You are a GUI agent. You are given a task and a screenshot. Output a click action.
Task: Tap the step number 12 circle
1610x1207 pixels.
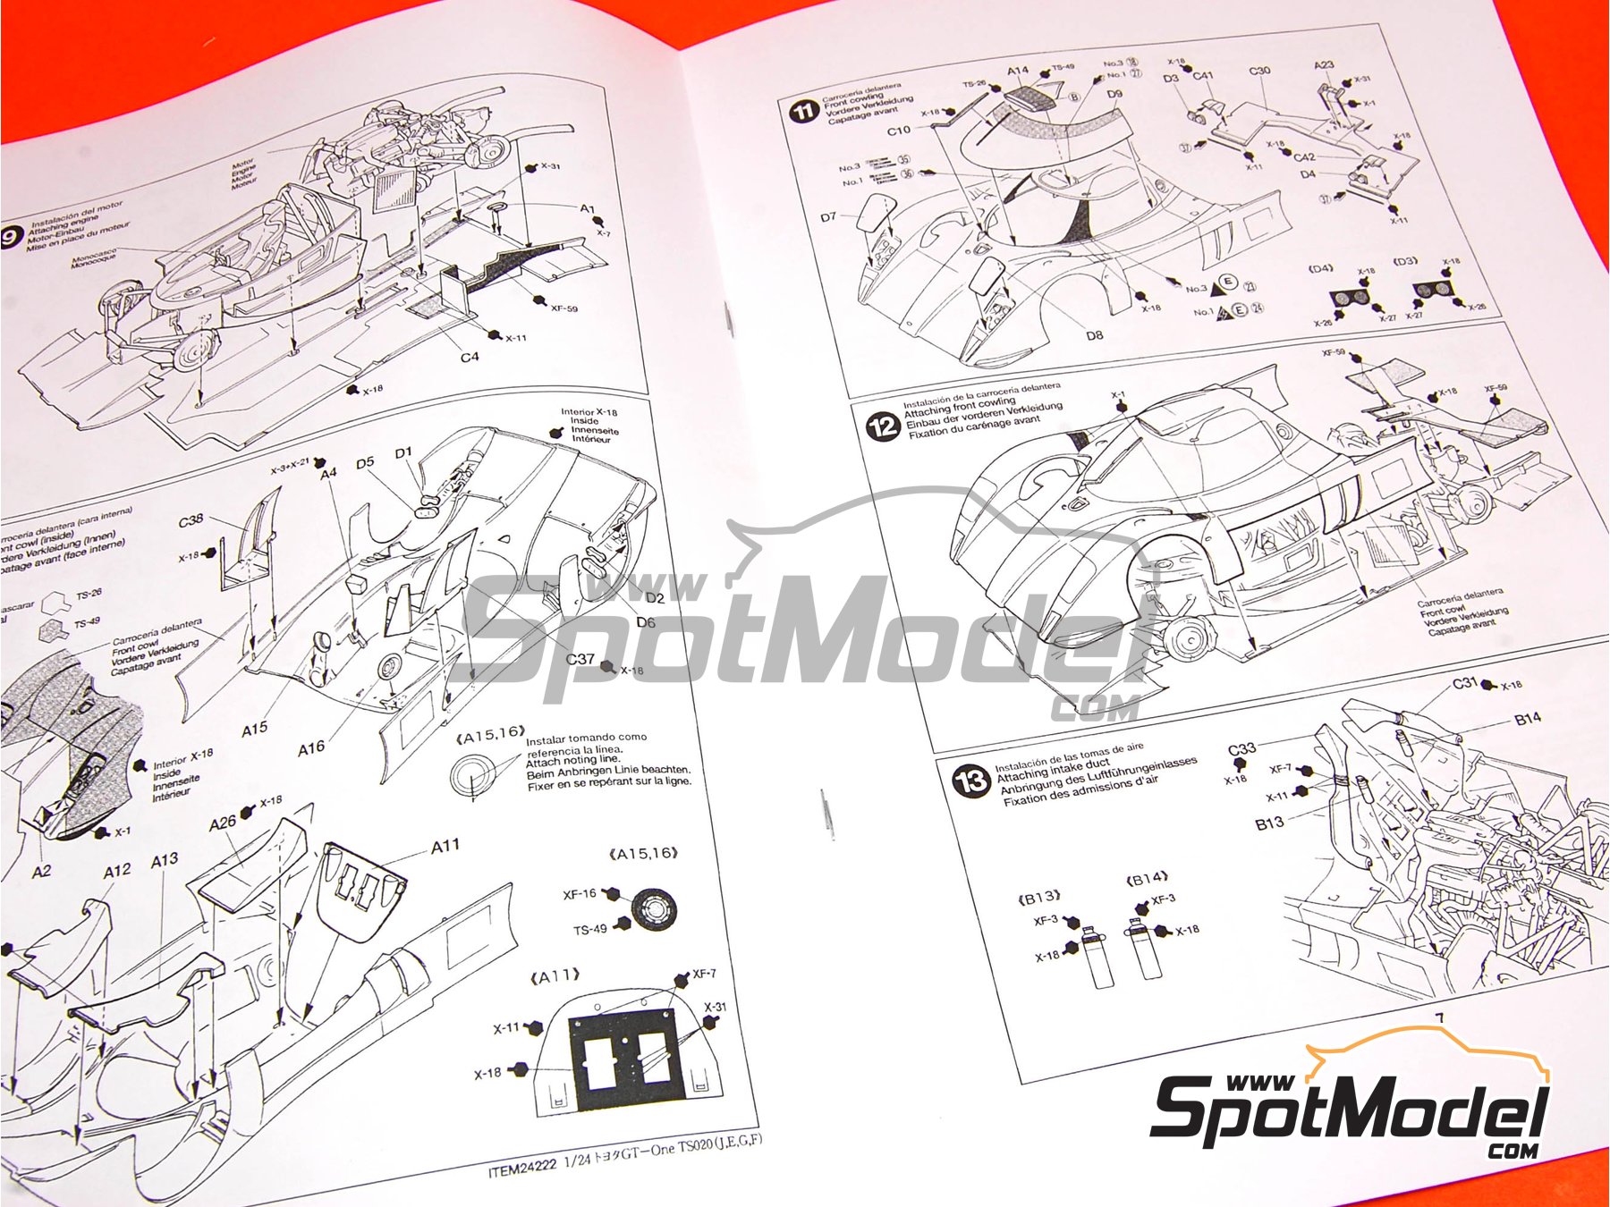pos(882,426)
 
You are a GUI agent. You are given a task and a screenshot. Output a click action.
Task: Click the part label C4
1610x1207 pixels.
pos(470,357)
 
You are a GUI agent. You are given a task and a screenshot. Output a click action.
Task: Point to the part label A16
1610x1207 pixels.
pos(310,747)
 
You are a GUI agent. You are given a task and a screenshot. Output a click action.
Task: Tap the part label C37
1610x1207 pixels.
pos(580,659)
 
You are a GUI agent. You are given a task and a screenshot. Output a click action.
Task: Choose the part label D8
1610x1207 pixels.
pos(1094,335)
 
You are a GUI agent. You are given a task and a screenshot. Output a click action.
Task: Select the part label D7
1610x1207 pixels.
pos(828,216)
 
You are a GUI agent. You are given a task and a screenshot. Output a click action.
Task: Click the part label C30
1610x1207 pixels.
pos(1259,72)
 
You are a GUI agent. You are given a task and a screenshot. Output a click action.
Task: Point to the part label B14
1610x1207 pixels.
pos(1528,719)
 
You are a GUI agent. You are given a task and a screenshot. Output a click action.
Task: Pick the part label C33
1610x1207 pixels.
pos(1241,749)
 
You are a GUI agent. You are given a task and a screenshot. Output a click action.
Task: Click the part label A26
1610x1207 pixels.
pos(222,823)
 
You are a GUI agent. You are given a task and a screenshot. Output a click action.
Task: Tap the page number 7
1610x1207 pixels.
pos(1439,1018)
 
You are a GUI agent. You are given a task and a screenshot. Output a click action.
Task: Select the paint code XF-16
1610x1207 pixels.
pos(580,894)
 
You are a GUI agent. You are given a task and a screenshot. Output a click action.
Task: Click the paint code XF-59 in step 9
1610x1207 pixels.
pos(563,309)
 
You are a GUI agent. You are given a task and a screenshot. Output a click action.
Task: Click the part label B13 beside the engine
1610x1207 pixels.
pos(1269,823)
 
